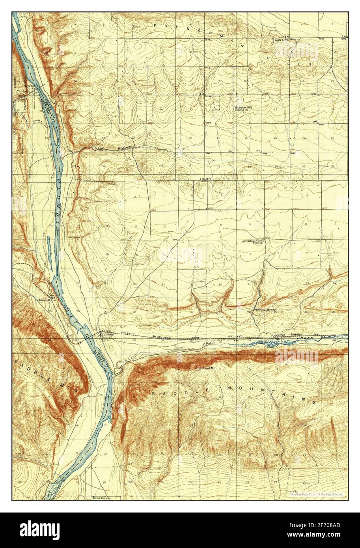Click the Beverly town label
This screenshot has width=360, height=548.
[108, 335]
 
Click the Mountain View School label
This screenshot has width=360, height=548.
[254, 242]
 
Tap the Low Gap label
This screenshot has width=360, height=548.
[282, 39]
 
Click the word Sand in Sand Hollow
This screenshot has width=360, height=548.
[99, 149]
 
